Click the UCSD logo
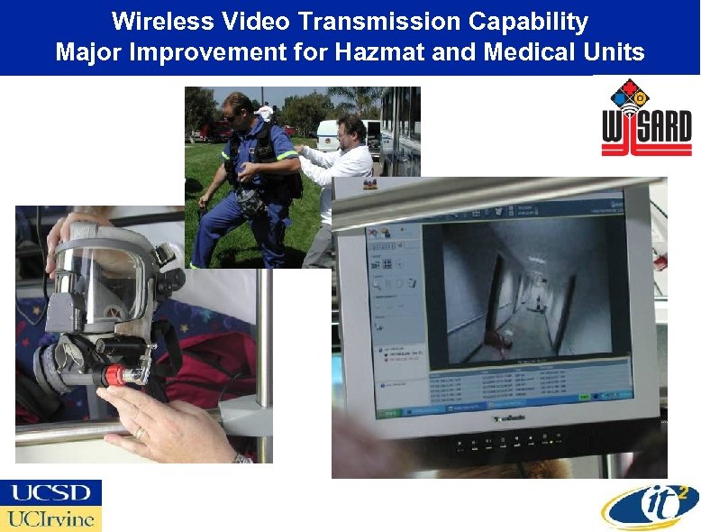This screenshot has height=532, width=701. pyautogui.click(x=51, y=492)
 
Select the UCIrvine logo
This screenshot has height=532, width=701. pyautogui.click(x=51, y=518)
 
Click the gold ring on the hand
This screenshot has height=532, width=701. pyautogui.click(x=139, y=433)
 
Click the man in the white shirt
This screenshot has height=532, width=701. pyautogui.click(x=340, y=167)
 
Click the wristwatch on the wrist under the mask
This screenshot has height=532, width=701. pyautogui.click(x=242, y=458)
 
